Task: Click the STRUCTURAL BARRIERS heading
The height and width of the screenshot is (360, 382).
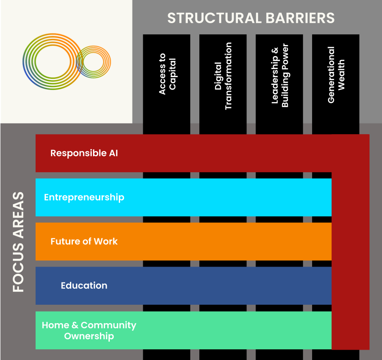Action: click(x=251, y=18)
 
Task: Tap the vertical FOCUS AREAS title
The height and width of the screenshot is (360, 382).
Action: click(x=18, y=242)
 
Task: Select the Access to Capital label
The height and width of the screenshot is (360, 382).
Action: click(x=167, y=74)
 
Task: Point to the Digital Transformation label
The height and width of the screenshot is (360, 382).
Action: click(x=223, y=76)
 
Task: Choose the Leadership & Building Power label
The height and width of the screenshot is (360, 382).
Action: click(x=280, y=75)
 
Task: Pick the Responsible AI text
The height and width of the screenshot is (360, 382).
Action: click(x=84, y=153)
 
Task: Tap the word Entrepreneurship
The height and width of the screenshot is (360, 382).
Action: click(x=84, y=198)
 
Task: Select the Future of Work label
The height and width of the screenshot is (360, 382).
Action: click(x=84, y=241)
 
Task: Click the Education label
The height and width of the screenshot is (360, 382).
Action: click(x=84, y=285)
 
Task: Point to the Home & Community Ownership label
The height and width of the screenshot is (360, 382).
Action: click(x=89, y=330)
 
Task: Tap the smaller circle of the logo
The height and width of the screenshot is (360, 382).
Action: click(x=93, y=62)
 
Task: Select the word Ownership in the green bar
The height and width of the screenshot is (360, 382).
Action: click(x=89, y=336)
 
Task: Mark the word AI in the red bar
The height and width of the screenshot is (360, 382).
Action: click(x=112, y=153)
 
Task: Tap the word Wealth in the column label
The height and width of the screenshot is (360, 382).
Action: click(x=341, y=75)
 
